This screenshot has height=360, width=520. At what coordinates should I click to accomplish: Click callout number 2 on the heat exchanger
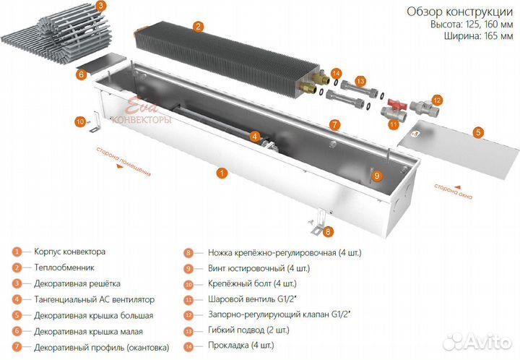coord(197,26)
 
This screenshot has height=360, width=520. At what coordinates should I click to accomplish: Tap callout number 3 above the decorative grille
coord(100,6)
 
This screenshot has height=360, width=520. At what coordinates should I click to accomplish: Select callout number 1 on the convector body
coord(222,173)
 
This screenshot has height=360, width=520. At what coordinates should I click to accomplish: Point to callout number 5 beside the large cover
coord(477,132)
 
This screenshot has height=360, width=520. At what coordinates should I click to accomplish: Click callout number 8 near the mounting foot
coord(329,232)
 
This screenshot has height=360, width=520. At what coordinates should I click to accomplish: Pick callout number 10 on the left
coord(79,121)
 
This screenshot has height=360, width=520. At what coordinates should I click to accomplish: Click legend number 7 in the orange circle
coord(17,347)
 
